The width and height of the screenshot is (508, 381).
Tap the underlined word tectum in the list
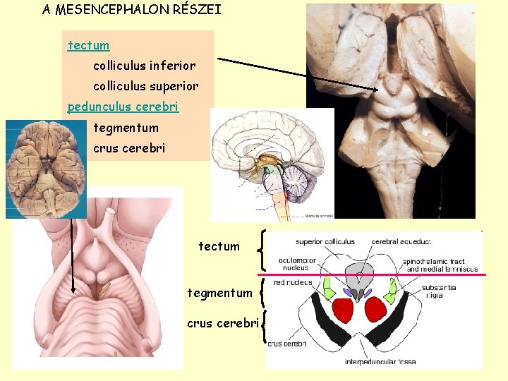[89, 46]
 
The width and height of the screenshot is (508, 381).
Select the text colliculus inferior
[144, 66]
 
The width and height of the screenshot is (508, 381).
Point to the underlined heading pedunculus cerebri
[123, 107]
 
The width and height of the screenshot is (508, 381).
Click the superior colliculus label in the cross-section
[325, 242]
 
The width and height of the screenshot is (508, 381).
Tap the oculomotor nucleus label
[297, 263]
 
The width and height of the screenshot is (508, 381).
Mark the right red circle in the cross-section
[375, 310]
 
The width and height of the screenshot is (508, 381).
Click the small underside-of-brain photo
[46, 169]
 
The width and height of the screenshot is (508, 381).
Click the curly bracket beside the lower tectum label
[263, 249]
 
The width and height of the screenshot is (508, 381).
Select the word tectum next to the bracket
[219, 247]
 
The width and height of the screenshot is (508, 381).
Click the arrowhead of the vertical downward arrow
[73, 289]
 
